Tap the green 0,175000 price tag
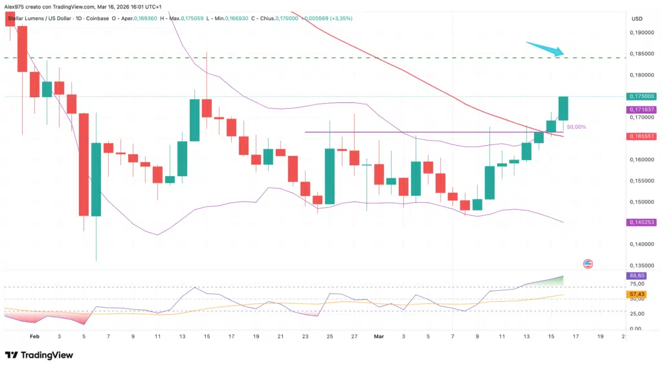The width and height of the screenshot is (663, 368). coord(641,96)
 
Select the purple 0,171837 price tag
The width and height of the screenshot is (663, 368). coord(641,110)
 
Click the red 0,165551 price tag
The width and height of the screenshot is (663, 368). coord(641,137)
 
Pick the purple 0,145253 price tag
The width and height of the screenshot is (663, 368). coord(641,222)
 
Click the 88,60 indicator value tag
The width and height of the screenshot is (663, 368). coord(636,275)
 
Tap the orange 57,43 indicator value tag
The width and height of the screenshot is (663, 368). coord(636,294)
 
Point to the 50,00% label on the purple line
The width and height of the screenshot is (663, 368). coord(577,128)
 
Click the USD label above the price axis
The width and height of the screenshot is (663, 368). coord(638,18)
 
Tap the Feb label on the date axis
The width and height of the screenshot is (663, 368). coord(34,337)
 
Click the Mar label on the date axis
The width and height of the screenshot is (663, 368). coord(379,337)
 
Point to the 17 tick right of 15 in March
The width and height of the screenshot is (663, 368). coord(576,337)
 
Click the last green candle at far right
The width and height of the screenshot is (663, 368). coord(563,108)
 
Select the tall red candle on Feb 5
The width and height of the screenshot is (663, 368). coord(84,165)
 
